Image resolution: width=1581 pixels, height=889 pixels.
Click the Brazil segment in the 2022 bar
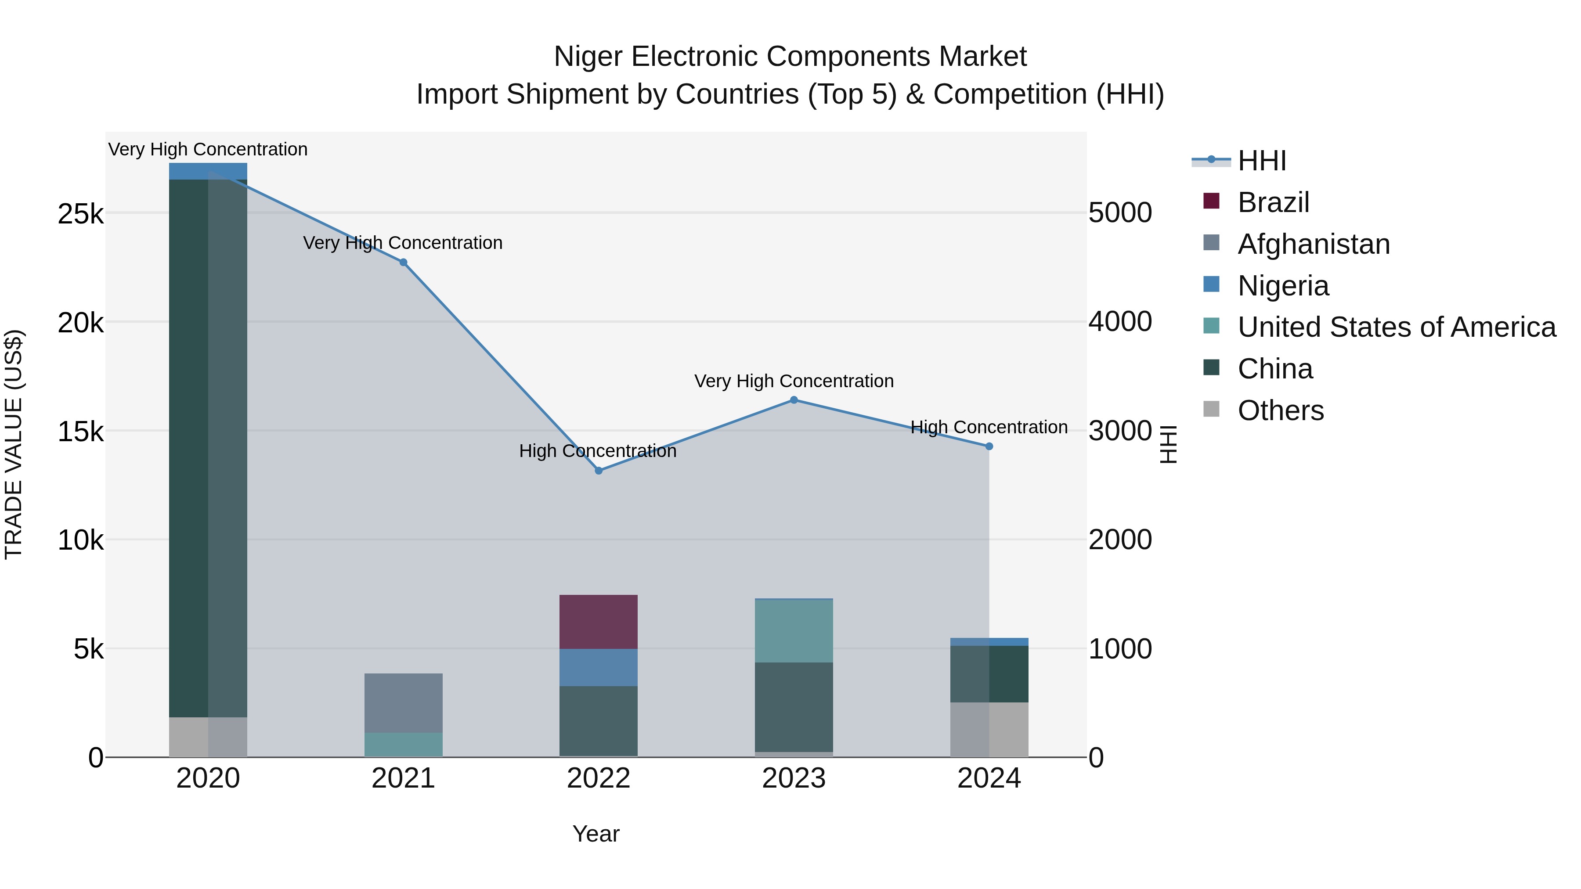pyautogui.click(x=599, y=622)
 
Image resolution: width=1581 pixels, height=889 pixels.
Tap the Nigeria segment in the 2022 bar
pyautogui.click(x=599, y=667)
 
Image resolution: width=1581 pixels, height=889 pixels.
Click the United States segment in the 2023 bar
pyautogui.click(x=794, y=631)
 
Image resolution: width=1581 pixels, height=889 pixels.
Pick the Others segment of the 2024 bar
pyautogui.click(x=989, y=730)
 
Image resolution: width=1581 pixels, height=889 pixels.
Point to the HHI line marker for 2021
pyautogui.click(x=403, y=263)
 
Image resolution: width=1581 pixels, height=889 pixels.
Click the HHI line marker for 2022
pyautogui.click(x=599, y=471)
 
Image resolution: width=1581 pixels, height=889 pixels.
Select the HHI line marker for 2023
pyautogui.click(x=794, y=400)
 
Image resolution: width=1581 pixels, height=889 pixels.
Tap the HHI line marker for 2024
pyautogui.click(x=989, y=446)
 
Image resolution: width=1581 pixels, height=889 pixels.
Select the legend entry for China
pyautogui.click(x=1275, y=369)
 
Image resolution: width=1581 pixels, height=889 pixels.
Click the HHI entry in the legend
pyautogui.click(x=1261, y=161)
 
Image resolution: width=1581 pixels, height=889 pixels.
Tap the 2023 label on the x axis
pyautogui.click(x=794, y=778)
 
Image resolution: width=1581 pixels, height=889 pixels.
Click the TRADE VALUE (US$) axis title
pyautogui.click(x=14, y=444)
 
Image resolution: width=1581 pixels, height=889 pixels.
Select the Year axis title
pyautogui.click(x=596, y=834)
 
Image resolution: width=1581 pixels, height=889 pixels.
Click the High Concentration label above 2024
pyautogui.click(x=989, y=427)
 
